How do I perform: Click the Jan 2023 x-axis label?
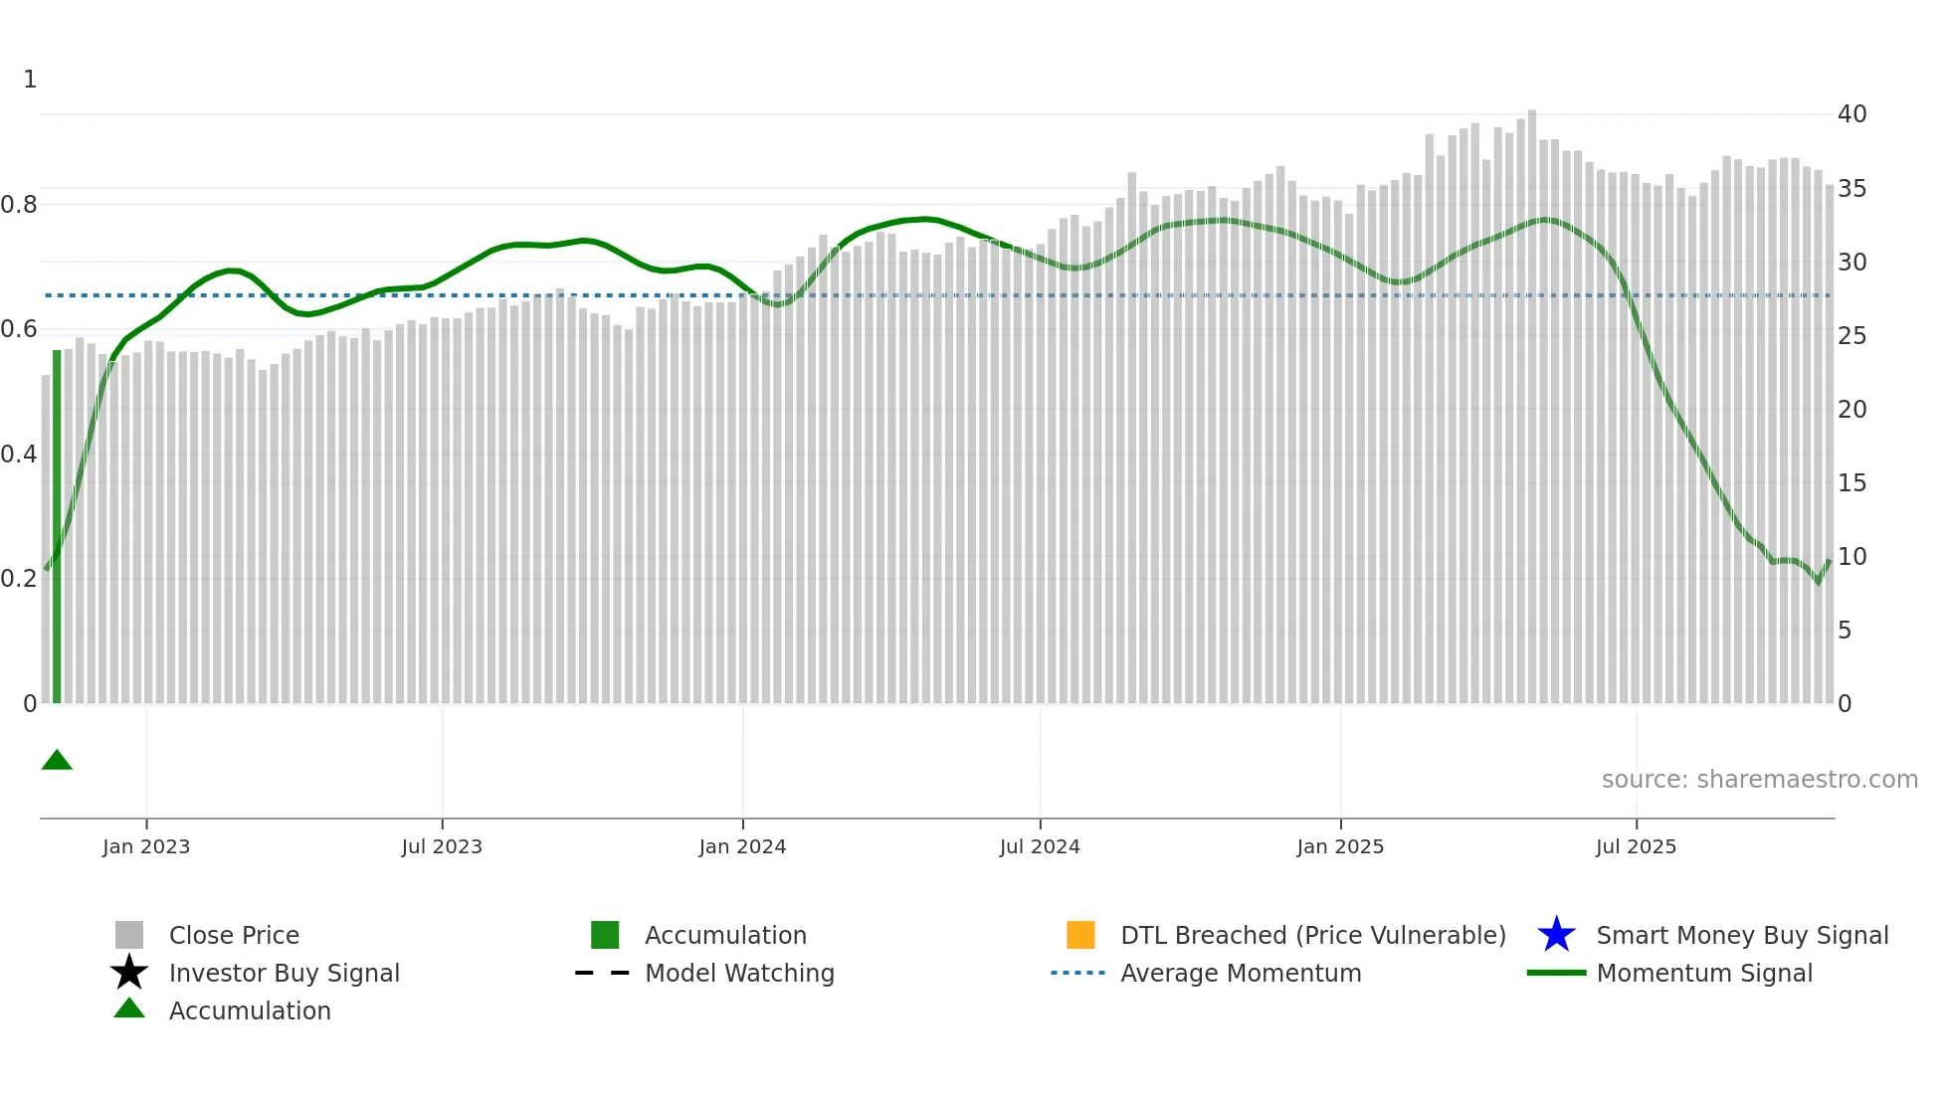(x=146, y=846)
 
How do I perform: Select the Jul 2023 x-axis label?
(x=442, y=846)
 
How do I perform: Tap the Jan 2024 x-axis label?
(x=742, y=846)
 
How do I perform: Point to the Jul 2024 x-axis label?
(x=1040, y=846)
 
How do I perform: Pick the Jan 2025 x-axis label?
(x=1340, y=846)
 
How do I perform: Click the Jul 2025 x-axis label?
(x=1636, y=846)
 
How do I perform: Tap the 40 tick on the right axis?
(x=1852, y=114)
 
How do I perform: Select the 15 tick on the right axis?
(x=1852, y=483)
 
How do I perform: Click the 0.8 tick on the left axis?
(x=20, y=205)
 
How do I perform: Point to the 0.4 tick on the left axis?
(x=20, y=455)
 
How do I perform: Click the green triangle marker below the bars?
(x=57, y=761)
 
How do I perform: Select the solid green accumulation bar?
(x=57, y=527)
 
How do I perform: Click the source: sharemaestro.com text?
(x=1759, y=780)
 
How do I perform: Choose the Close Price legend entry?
(x=234, y=935)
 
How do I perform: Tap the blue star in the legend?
(x=1556, y=935)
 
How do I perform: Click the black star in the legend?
(x=129, y=973)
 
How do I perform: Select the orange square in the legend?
(x=1080, y=935)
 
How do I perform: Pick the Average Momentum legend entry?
(x=1240, y=973)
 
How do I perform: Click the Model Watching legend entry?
(x=739, y=973)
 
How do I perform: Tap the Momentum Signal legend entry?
(x=1703, y=973)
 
